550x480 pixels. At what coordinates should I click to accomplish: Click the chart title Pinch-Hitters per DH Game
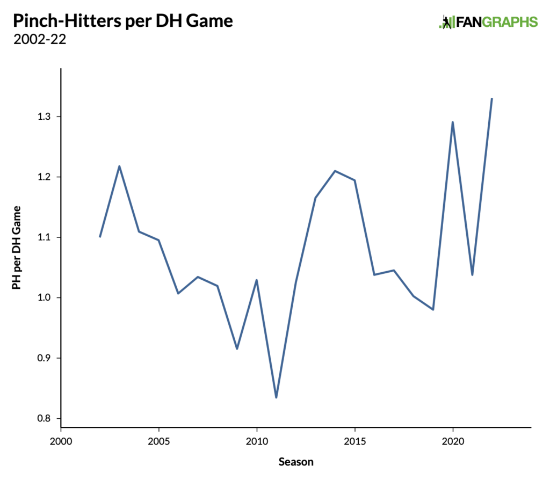click(x=122, y=21)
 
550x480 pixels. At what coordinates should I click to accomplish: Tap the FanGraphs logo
click(x=488, y=21)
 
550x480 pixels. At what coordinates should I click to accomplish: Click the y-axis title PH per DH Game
click(x=17, y=248)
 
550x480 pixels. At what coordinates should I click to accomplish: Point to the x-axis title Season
click(x=296, y=461)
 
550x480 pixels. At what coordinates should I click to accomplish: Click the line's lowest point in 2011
click(x=276, y=397)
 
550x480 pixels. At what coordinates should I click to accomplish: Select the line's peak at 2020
click(x=453, y=122)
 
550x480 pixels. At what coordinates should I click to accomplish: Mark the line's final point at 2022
click(x=492, y=99)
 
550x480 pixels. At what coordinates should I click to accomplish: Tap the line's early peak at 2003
click(x=119, y=166)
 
